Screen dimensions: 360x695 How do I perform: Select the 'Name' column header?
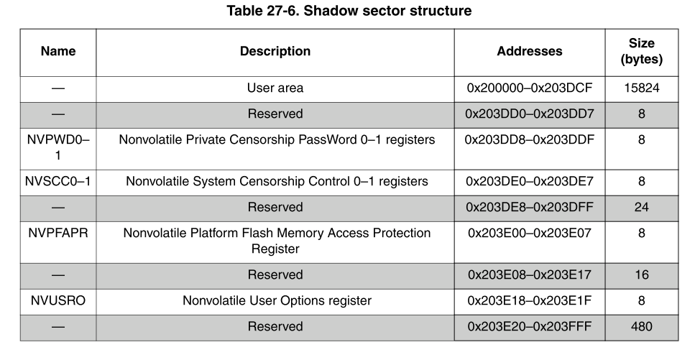(x=58, y=52)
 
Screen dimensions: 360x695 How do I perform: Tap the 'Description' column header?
(x=275, y=52)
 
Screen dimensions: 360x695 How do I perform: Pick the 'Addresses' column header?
(x=530, y=52)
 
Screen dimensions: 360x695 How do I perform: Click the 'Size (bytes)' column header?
(x=641, y=52)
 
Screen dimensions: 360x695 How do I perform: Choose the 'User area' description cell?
(x=275, y=88)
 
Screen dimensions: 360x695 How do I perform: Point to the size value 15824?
(x=641, y=88)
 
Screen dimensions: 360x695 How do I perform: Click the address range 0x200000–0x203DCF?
(x=530, y=88)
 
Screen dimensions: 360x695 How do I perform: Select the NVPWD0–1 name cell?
(x=58, y=147)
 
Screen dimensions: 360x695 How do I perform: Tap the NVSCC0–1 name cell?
(x=58, y=182)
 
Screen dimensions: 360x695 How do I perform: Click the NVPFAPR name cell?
(x=58, y=234)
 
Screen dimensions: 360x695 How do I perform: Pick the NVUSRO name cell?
(x=58, y=300)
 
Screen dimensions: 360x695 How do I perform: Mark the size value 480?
(x=641, y=326)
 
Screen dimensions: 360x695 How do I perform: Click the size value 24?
(x=641, y=208)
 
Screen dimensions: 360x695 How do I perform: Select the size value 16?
(x=641, y=275)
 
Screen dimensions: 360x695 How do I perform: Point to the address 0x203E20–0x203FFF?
(x=530, y=326)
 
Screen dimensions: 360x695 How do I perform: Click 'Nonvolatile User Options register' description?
(x=275, y=300)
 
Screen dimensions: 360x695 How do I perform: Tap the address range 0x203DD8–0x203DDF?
(x=530, y=140)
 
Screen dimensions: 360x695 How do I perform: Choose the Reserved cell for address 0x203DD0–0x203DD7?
(x=275, y=114)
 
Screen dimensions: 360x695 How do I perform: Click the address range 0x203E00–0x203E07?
(x=530, y=234)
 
